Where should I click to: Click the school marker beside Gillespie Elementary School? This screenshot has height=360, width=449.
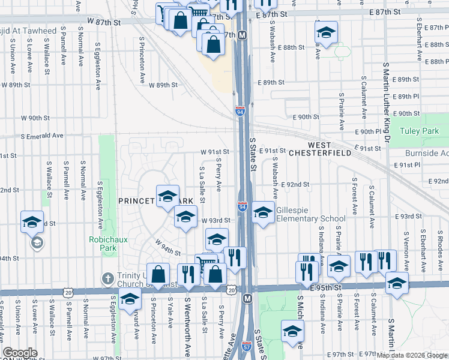pos(262,212)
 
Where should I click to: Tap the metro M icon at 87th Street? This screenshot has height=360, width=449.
pos(243,35)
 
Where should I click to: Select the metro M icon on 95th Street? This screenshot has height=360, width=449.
pos(247,298)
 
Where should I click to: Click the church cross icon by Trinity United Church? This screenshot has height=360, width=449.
pos(108,278)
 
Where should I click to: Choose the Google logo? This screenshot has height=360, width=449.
pos(20,353)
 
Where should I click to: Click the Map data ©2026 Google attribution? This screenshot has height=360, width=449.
pos(412,355)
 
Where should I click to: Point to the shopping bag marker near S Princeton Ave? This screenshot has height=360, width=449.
pos(157,275)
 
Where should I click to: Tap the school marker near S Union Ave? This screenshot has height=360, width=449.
pos(32,222)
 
